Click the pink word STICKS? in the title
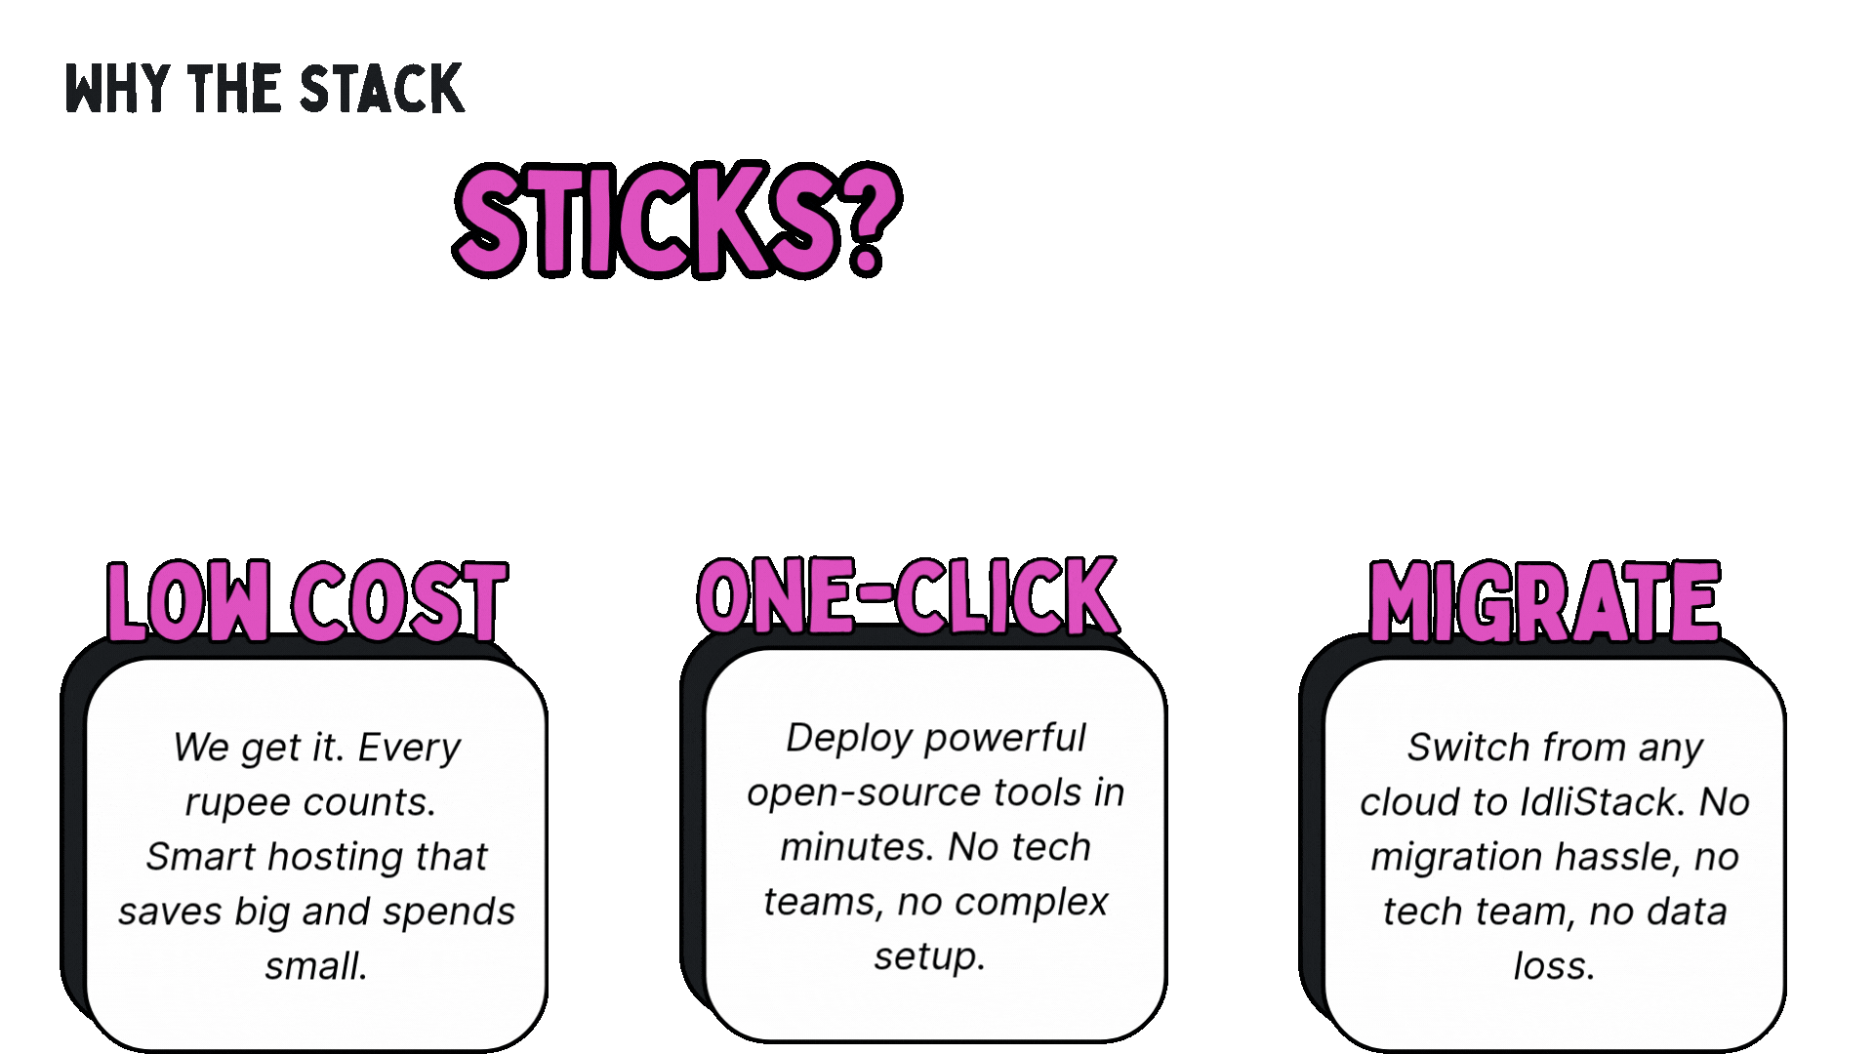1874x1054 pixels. (x=675, y=220)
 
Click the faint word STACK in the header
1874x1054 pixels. (x=381, y=89)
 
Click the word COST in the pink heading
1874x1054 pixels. (x=399, y=602)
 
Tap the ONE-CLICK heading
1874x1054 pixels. (x=908, y=596)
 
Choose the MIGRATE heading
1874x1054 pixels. (x=1544, y=602)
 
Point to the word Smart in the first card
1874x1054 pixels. (x=201, y=857)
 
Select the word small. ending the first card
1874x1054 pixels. (x=316, y=966)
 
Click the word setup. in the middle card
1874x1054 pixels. (x=929, y=956)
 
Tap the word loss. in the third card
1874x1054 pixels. (x=1554, y=966)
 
